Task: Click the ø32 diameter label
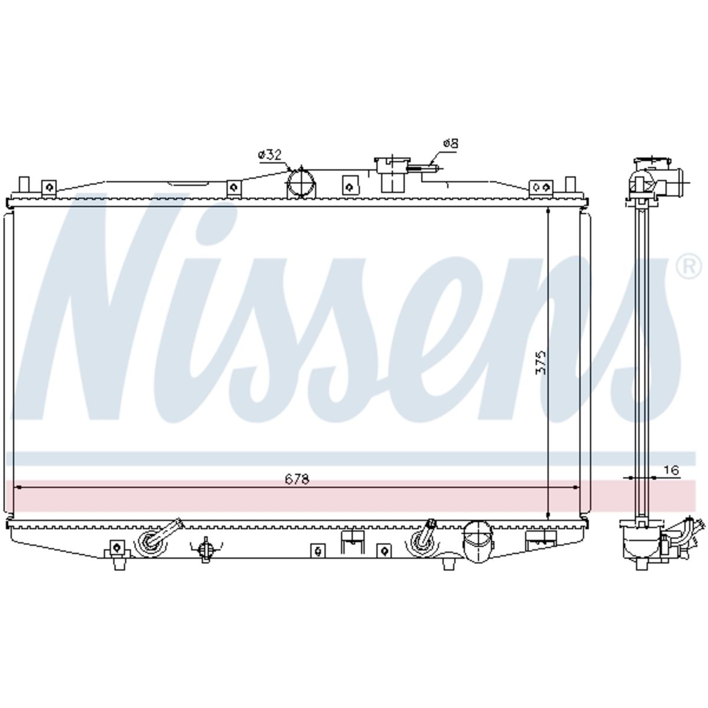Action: coord(270,155)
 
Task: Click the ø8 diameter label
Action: coord(451,143)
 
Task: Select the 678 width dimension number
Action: coord(297,479)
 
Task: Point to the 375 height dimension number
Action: coord(540,363)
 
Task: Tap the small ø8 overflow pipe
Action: coord(423,169)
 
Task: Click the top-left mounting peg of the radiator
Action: coord(24,185)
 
